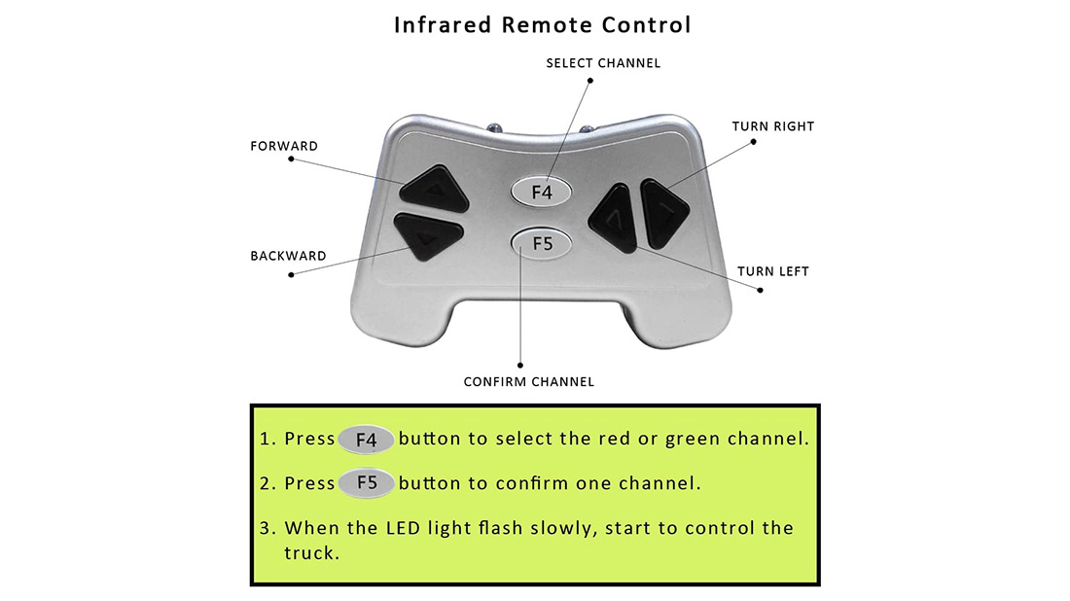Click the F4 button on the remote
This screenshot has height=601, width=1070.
(x=542, y=192)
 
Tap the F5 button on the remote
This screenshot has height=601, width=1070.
(x=542, y=243)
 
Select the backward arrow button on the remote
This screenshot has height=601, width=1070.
(x=427, y=236)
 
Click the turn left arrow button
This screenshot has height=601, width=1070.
(x=615, y=220)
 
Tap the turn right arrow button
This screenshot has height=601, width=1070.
(x=663, y=210)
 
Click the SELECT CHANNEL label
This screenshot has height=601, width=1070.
(x=603, y=63)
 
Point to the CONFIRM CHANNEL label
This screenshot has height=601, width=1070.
(x=528, y=381)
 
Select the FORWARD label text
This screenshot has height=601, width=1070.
(x=284, y=146)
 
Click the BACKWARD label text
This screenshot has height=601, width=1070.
(x=288, y=256)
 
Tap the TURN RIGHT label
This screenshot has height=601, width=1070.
(x=772, y=126)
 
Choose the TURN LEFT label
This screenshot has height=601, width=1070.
(x=772, y=271)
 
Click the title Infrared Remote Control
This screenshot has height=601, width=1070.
(x=542, y=25)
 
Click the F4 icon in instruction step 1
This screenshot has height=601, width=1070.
(x=366, y=440)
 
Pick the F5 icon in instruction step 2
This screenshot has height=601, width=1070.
(x=366, y=483)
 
